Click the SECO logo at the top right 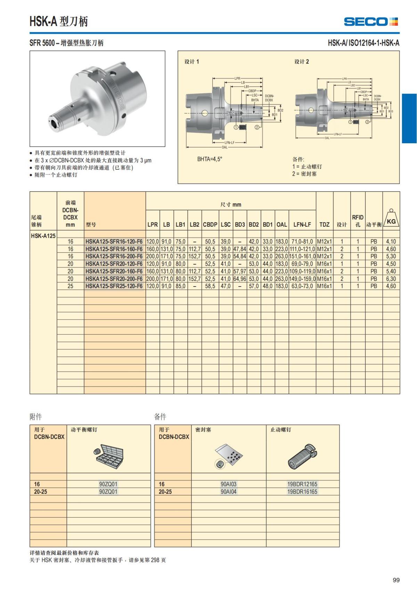pos(370,22)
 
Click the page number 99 pos(396,580)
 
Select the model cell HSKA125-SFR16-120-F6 pos(114,241)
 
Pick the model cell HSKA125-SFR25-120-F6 pos(114,286)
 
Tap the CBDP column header pos(210,225)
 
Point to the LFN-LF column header pos(302,225)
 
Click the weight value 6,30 pos(391,279)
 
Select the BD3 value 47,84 pos(240,249)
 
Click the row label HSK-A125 pos(43,236)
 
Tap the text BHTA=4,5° pos(210,159)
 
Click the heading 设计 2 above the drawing pos(302,62)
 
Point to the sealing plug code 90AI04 pos(228,492)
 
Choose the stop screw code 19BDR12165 pos(302,484)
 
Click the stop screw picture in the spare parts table pos(302,456)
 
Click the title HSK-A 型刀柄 pos(58,22)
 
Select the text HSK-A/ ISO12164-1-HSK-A pos(363,43)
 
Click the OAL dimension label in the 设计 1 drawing pos(224,147)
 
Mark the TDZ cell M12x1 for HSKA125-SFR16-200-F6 pos(324,256)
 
